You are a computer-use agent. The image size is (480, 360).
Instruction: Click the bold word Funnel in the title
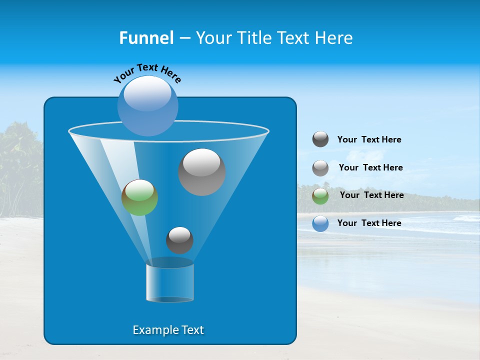146,38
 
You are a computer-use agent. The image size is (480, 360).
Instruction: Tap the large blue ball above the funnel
147,105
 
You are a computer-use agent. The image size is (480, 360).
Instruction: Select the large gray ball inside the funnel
201,172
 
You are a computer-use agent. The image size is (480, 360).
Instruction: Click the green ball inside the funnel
139,197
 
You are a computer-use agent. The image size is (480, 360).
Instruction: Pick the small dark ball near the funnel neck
179,240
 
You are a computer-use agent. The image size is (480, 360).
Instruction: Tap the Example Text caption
168,330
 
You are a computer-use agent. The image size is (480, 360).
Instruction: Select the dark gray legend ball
320,139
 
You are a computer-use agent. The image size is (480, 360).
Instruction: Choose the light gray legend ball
320,168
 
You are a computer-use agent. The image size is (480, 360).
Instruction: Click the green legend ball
320,196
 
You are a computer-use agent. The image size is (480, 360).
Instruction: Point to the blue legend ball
320,223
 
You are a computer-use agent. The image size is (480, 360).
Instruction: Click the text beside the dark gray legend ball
369,140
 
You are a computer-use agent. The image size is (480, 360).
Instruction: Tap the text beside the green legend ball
371,195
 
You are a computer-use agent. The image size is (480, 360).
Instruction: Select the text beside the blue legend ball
369,223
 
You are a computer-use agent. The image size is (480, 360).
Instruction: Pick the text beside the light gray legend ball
370,168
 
